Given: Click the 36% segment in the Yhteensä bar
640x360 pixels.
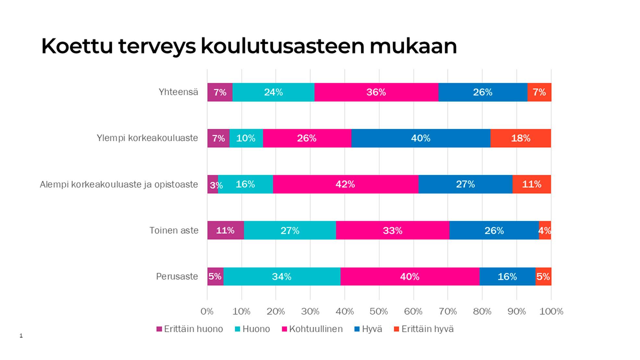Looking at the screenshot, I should [376, 92].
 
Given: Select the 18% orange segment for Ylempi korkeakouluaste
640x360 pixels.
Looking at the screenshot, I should [521, 138].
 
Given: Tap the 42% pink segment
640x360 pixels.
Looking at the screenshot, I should [345, 184].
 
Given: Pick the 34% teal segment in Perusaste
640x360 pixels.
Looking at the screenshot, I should [282, 277].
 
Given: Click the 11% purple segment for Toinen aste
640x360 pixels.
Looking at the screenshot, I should [225, 230].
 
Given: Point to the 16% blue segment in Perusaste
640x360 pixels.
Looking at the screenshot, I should [507, 277].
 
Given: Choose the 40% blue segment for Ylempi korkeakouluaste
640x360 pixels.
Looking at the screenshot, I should [421, 138].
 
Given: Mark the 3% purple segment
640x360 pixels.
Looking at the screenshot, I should [213, 184].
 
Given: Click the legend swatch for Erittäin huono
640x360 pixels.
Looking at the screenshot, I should [159, 329].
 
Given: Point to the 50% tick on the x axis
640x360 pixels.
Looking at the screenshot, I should [379, 312].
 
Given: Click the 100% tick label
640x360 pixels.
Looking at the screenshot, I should [551, 312].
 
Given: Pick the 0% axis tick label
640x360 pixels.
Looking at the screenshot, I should [207, 312].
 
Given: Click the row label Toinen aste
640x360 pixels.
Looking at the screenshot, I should [174, 230].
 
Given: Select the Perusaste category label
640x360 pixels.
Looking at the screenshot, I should [177, 277].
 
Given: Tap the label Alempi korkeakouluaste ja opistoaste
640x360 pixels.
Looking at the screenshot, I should [119, 184].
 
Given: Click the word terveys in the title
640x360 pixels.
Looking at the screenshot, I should [157, 46].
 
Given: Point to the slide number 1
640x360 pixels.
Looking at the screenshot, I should [21, 336].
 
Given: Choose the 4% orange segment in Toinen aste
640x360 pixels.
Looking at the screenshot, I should [545, 230].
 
